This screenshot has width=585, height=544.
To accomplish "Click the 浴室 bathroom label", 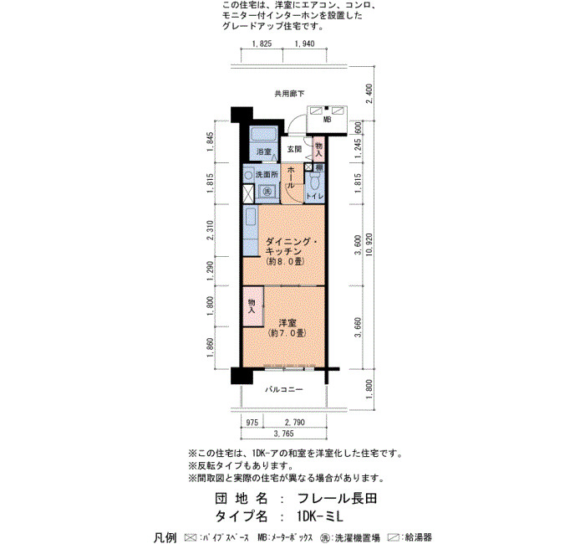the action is coord(263,151).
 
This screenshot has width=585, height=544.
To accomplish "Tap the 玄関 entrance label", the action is coord(294,149).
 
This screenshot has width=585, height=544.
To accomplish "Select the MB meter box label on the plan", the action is coord(327,120).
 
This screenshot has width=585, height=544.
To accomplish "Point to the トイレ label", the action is coord(314,196).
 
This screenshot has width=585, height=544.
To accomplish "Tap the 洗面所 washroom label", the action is coord(267,174).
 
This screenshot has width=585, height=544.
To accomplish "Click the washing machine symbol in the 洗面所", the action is coord(267,192).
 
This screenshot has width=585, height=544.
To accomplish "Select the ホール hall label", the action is coord(292,177).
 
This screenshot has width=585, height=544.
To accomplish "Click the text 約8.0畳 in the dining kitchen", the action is coord(285,261).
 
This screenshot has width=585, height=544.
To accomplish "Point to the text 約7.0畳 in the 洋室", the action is coord(287,332).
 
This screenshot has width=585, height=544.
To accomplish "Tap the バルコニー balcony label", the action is coord(284,390).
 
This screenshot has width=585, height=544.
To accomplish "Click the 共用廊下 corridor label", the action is coord(289,94).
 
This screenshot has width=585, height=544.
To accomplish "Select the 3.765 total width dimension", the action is coord(283,434).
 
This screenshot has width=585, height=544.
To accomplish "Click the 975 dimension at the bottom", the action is coord(252,423).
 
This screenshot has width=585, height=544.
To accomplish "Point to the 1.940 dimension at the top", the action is coord(304,44).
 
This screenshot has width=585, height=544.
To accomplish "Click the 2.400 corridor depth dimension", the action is coord(369,94).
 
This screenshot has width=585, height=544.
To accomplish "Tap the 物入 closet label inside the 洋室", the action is coord(252,306).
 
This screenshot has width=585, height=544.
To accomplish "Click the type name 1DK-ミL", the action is coord(320,516).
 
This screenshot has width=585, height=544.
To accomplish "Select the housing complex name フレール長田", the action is coord(337,499).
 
